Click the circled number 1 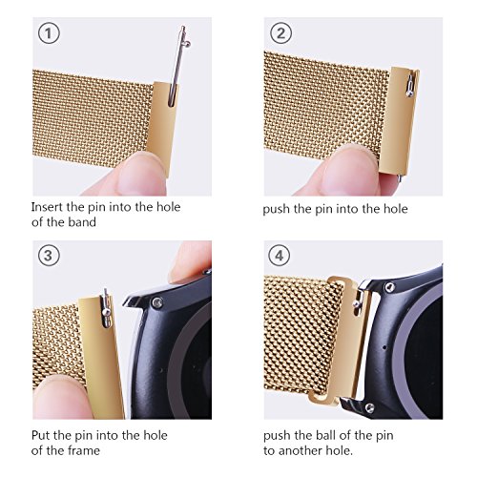pos(49,33)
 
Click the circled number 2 pos(280,33)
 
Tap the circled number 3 pos(49,256)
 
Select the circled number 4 pos(279,256)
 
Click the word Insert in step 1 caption pos(47,207)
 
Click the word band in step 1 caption pos(82,222)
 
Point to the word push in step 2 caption pos(276,209)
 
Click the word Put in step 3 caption pos(40,435)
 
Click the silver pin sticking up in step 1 pos(178,65)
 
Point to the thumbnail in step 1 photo pos(140,174)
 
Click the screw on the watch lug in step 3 pos(157,302)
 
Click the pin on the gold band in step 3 pos(106,308)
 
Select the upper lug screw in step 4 pos(390,287)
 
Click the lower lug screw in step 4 pos(369,408)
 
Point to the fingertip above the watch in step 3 pos(190,261)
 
